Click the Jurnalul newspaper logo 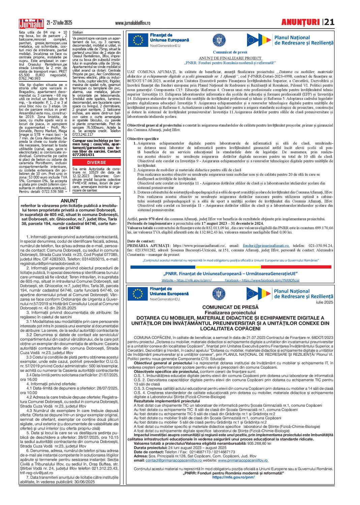[31, 23]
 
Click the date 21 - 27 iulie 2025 [59, 23]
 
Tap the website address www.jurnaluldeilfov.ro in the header [132, 23]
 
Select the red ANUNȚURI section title [300, 22]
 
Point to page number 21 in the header [329, 22]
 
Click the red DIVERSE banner [96, 162]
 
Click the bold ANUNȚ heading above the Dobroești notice [69, 201]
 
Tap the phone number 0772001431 [84, 155]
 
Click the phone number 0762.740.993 [30, 78]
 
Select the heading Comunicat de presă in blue [230, 52]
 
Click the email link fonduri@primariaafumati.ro [266, 246]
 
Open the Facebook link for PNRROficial [262, 280]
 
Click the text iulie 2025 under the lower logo [324, 302]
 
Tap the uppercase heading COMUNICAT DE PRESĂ [230, 307]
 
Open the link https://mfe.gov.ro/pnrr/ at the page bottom [233, 477]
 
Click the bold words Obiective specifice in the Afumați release [143, 139]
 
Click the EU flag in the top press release [138, 40]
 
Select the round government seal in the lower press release [219, 294]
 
